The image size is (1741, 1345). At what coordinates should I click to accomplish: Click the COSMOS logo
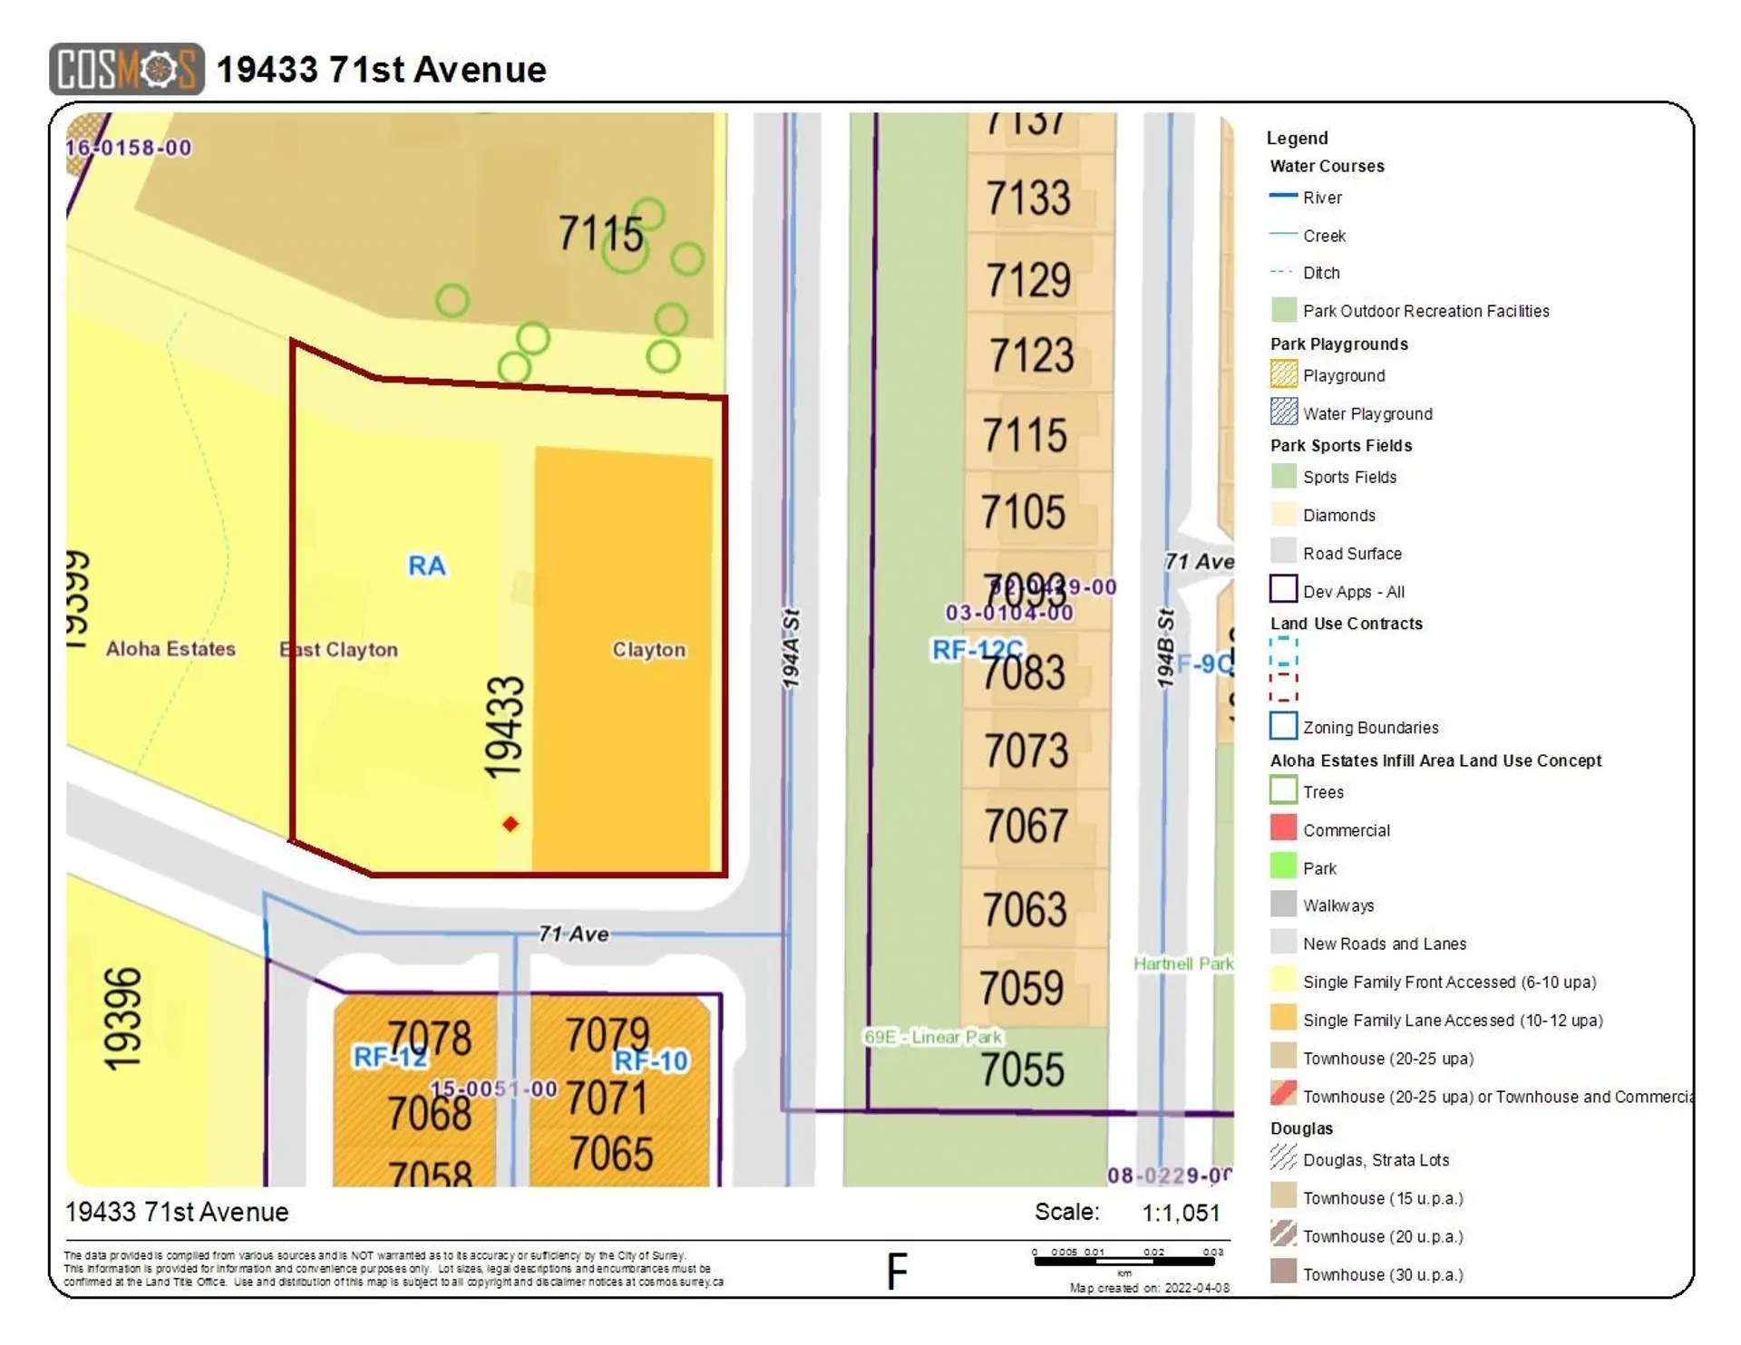[x=126, y=69]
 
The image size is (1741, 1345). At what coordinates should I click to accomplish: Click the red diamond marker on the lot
[x=511, y=824]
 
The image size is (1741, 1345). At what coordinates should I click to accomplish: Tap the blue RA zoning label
[x=427, y=566]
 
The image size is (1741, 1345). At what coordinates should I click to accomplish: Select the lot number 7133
[x=1028, y=198]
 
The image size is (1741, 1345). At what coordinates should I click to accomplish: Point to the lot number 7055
[x=1022, y=1069]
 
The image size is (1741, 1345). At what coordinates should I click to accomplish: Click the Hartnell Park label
[x=1182, y=963]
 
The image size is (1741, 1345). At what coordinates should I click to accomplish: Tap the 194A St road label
[x=791, y=648]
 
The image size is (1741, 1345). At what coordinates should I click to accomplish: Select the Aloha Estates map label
[x=170, y=649]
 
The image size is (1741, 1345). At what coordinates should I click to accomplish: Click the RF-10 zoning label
[x=651, y=1061]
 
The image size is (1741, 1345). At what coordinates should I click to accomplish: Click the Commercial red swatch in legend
[x=1283, y=827]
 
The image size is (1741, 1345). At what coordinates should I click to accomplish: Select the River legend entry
[x=1322, y=198]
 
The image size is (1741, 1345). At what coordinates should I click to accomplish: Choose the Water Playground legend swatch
[x=1283, y=411]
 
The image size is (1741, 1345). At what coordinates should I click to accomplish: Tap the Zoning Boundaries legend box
[x=1283, y=726]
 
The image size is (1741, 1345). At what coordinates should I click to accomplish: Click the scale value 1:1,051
[x=1181, y=1213]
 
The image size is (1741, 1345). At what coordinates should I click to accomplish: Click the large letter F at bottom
[x=896, y=1272]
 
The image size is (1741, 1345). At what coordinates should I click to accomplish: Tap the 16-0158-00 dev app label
[x=129, y=148]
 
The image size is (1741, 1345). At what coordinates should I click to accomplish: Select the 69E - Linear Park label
[x=933, y=1037]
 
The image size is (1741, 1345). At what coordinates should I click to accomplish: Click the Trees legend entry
[x=1323, y=792]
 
